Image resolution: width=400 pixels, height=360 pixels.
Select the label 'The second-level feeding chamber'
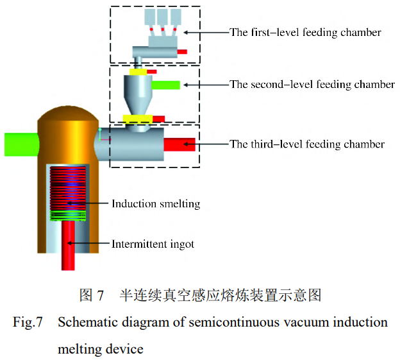pos(312,85)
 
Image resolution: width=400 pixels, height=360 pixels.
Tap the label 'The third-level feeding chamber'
pos(307,144)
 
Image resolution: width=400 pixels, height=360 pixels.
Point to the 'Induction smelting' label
pos(156,204)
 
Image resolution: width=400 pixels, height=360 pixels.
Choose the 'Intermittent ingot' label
pos(153,244)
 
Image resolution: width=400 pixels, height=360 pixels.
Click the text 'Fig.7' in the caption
pos(28,322)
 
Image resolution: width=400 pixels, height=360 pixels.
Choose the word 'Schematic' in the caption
pos(83,322)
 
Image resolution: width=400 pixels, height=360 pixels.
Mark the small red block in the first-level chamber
pos(182,51)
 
